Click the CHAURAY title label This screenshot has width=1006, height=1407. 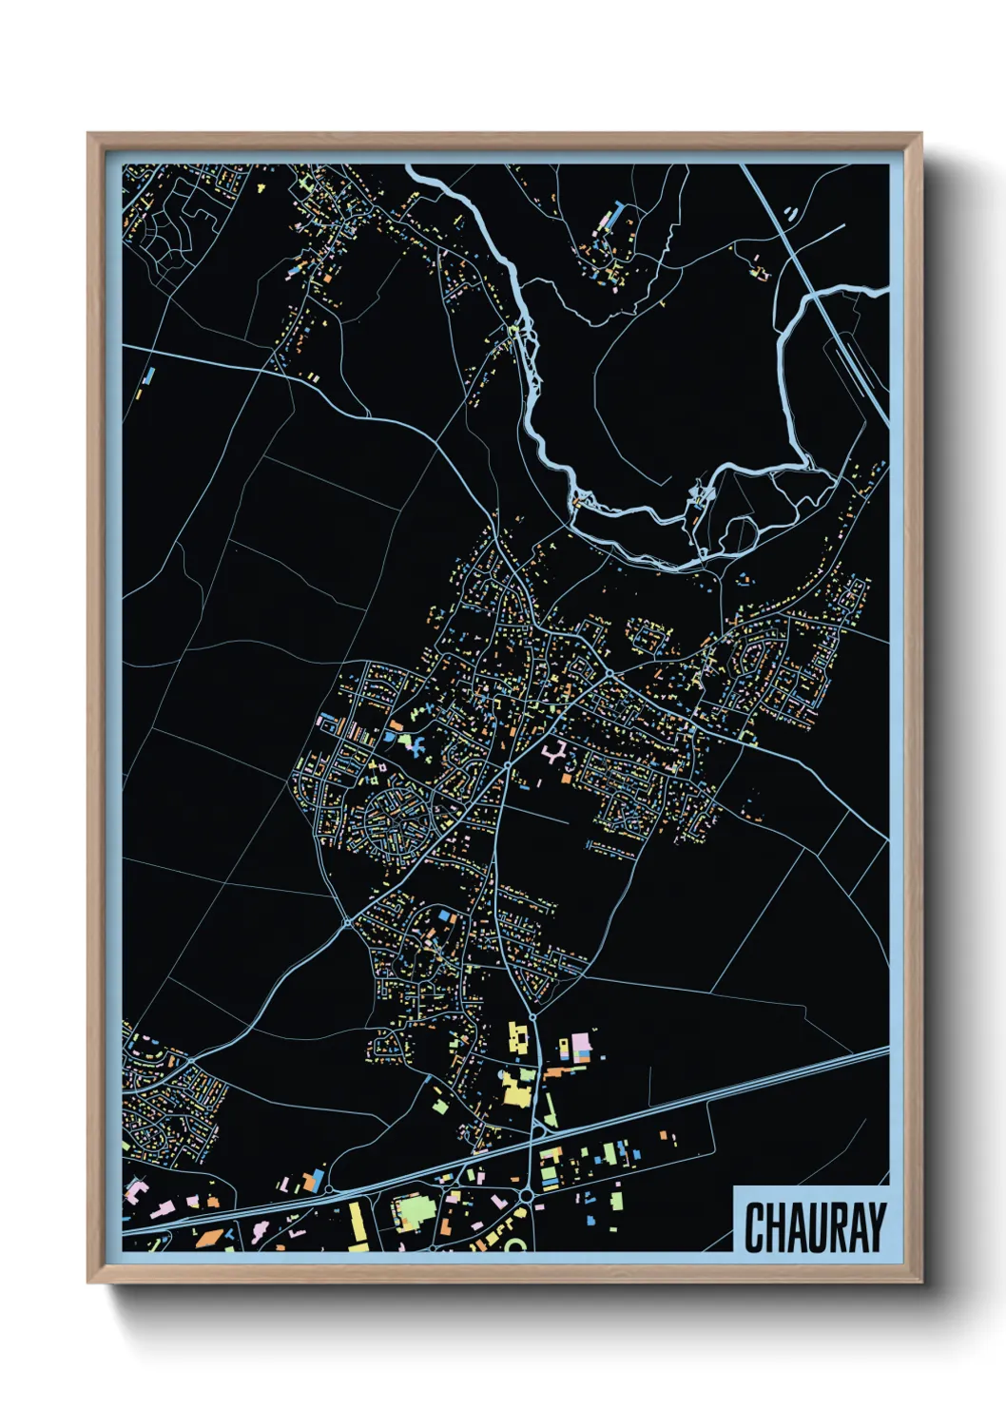point(815,1226)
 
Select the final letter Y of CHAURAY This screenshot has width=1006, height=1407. point(876,1227)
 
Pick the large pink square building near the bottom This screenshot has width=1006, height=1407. point(580,1048)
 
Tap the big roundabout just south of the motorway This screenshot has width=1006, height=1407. point(526,1194)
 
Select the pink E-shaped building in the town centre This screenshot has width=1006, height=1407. point(553,754)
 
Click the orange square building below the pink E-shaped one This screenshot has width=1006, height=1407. point(567,779)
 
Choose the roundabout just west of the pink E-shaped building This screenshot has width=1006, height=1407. point(510,762)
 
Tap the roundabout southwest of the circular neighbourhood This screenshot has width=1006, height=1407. point(349,921)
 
